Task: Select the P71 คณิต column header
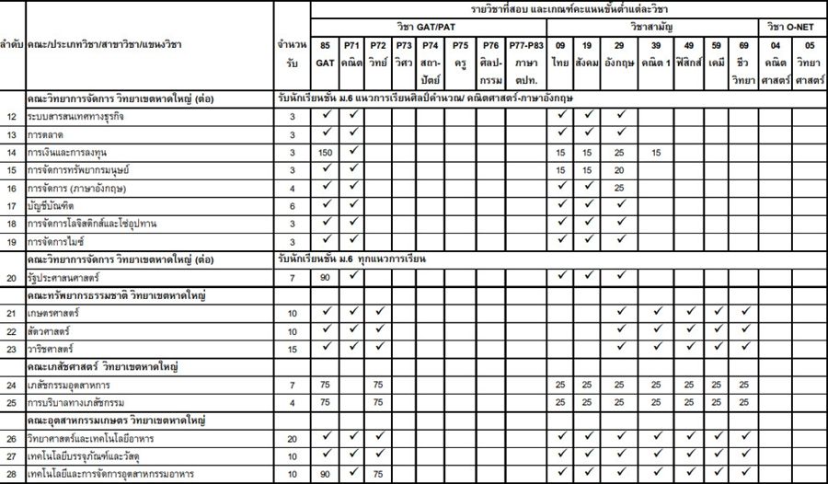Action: [351, 53]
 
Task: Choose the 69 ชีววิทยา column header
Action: [744, 53]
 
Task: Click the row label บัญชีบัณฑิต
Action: [52, 207]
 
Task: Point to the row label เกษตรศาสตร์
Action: [52, 313]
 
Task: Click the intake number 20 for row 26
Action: [292, 438]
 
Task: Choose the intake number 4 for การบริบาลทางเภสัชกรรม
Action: [292, 402]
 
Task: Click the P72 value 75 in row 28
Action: [377, 474]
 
